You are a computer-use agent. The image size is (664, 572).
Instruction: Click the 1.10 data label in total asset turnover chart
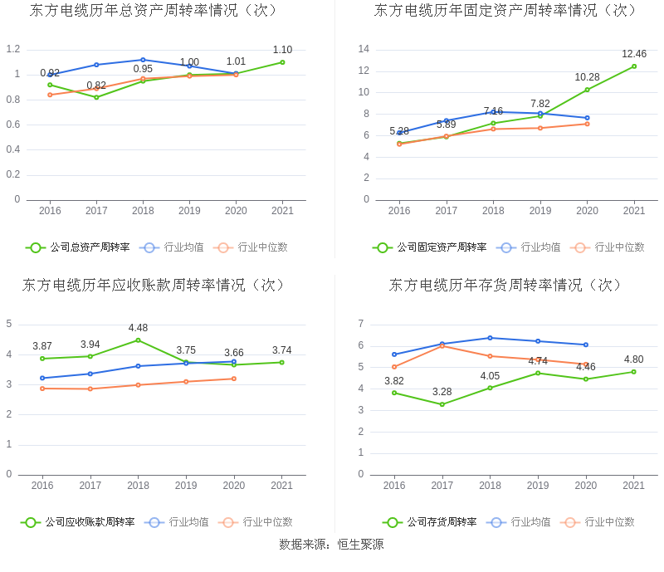pyautogui.click(x=282, y=50)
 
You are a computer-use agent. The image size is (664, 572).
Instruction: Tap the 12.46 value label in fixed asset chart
pyautogui.click(x=634, y=54)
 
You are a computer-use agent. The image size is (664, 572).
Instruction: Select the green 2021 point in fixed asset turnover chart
pyautogui.click(x=634, y=66)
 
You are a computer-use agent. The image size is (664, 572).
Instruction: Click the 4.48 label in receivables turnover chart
pyautogui.click(x=138, y=327)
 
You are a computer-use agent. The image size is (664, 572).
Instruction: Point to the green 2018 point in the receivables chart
pyautogui.click(x=138, y=340)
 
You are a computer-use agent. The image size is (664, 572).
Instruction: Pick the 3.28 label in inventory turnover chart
pyautogui.click(x=442, y=392)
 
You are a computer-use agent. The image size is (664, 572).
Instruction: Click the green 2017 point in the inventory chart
pyautogui.click(x=442, y=404)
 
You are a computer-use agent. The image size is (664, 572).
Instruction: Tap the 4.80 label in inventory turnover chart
pyautogui.click(x=633, y=359)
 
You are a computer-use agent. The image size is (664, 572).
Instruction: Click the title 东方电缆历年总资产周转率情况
pyautogui.click(x=154, y=11)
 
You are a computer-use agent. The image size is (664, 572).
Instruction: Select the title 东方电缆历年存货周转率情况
pyautogui.click(x=506, y=285)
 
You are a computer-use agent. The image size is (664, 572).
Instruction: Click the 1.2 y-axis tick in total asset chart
pyautogui.click(x=12, y=49)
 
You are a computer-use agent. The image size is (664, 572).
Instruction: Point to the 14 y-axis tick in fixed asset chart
pyautogui.click(x=364, y=49)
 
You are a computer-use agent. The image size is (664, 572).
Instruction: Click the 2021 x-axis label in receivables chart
pyautogui.click(x=281, y=486)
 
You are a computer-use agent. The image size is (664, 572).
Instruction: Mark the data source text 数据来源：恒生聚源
pyautogui.click(x=331, y=545)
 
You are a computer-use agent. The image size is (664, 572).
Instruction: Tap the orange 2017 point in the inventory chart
pyautogui.click(x=442, y=345)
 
